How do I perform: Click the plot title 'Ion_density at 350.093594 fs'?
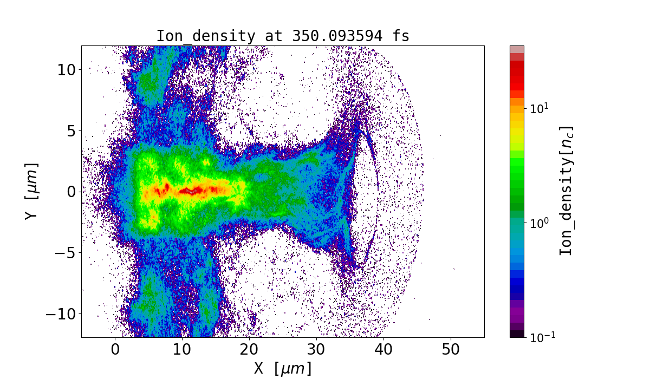click(282, 36)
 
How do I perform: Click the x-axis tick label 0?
click(115, 350)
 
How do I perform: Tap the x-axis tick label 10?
click(183, 350)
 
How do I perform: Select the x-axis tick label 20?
click(249, 350)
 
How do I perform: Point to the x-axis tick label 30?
click(316, 350)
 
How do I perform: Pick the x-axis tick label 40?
click(383, 350)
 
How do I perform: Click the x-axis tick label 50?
click(451, 350)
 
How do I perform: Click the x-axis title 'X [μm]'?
click(283, 369)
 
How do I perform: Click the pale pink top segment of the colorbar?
click(517, 49)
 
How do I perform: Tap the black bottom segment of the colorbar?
click(517, 334)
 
